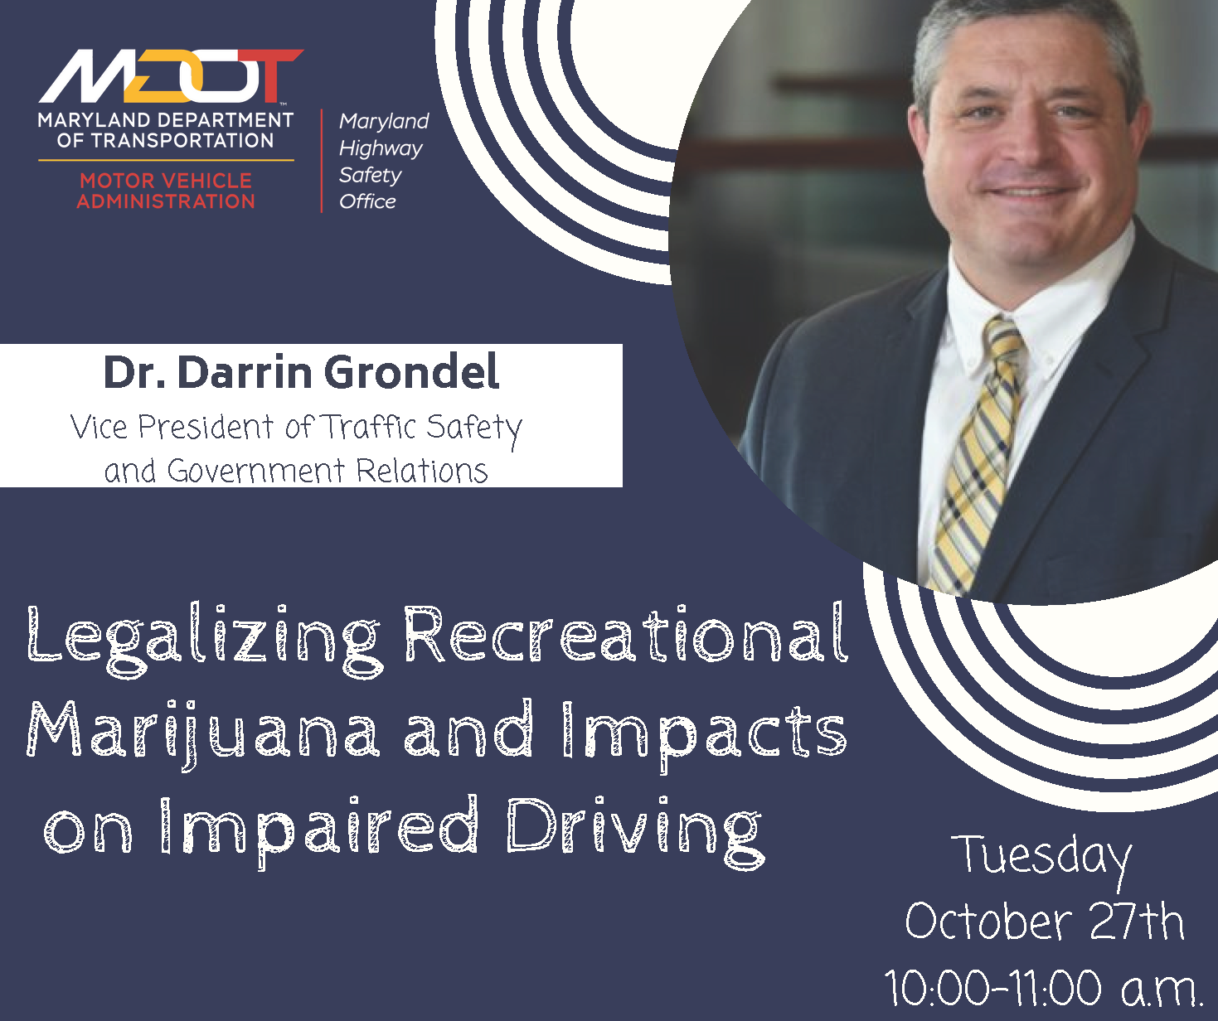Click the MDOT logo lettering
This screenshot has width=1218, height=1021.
click(x=171, y=75)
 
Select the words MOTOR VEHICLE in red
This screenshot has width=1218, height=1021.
click(x=166, y=181)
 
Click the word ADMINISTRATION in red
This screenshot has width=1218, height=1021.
click(x=166, y=201)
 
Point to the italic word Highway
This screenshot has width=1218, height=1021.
click(x=381, y=149)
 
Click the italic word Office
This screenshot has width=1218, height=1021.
click(x=367, y=201)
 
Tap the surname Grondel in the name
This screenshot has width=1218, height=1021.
click(x=412, y=372)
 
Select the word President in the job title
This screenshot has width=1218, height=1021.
click(x=206, y=427)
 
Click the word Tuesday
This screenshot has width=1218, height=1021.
click(x=1042, y=859)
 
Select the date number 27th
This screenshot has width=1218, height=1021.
click(x=1137, y=922)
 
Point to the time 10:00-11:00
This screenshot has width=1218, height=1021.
click(x=992, y=989)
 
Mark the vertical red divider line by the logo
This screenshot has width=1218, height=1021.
click(x=322, y=161)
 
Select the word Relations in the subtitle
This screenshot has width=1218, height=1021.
click(x=422, y=471)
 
